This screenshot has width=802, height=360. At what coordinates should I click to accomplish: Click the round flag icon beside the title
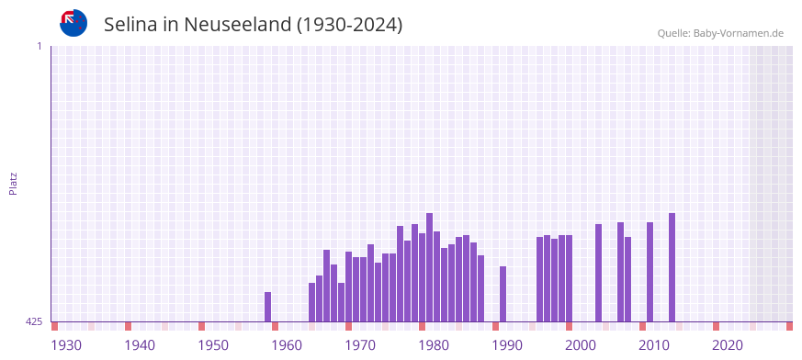pos(73,23)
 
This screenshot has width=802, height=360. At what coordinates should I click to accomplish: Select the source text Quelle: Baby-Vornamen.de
pos(719,33)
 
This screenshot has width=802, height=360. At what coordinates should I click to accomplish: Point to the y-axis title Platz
pos(13,183)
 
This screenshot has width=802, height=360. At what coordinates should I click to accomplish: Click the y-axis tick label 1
pos(39,46)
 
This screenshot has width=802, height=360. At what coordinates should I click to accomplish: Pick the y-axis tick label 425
pos(34,321)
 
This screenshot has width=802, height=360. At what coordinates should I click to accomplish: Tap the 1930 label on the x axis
pos(66,345)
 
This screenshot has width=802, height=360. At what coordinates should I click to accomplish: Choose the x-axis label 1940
pos(140,345)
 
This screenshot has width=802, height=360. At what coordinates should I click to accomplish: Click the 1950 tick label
pos(213,345)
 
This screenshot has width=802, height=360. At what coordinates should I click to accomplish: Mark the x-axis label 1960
pos(287,345)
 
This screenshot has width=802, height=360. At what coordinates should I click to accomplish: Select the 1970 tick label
pos(360,345)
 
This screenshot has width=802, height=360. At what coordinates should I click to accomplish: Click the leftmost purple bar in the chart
pos(267,307)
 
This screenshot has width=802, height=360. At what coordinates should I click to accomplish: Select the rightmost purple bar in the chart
pos(672,267)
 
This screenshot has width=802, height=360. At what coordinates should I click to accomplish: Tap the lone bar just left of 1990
pos(503,294)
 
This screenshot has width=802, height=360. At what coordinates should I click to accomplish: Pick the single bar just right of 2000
pos(598,273)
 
